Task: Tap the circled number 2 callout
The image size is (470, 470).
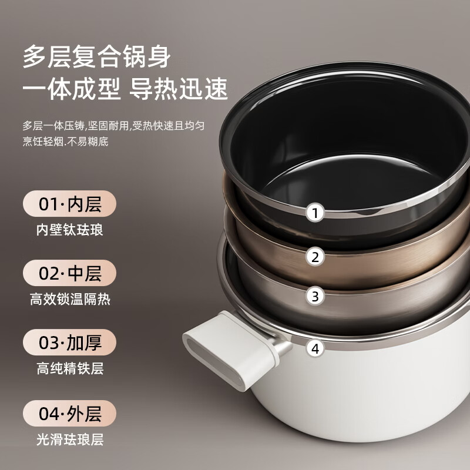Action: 315,256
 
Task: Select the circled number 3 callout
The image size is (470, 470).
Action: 315,296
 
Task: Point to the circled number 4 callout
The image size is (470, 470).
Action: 315,348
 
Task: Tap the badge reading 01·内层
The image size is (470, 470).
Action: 69,204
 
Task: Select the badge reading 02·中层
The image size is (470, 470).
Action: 69,273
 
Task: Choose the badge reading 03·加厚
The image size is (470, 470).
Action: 69,343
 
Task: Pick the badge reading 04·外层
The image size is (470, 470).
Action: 69,413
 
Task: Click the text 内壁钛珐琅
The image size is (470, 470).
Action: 69,230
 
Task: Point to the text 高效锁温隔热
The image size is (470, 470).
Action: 69,299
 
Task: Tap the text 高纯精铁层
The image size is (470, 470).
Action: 69,369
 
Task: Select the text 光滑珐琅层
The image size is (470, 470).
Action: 69,439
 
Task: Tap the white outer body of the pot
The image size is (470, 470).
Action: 352,411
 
